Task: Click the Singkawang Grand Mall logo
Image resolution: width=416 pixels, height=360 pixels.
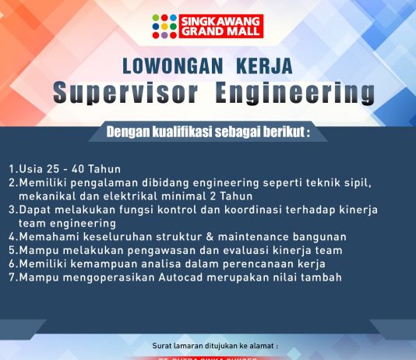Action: click(207, 26)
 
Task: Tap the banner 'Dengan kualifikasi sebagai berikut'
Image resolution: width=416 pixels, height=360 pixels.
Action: click(207, 132)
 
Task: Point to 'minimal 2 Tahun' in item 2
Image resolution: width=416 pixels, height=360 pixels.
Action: click(203, 196)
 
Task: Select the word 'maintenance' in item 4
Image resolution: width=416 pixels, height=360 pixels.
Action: click(265, 236)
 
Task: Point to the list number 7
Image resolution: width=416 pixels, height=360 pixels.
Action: click(12, 277)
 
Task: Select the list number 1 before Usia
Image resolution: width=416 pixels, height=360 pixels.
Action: click(12, 168)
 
